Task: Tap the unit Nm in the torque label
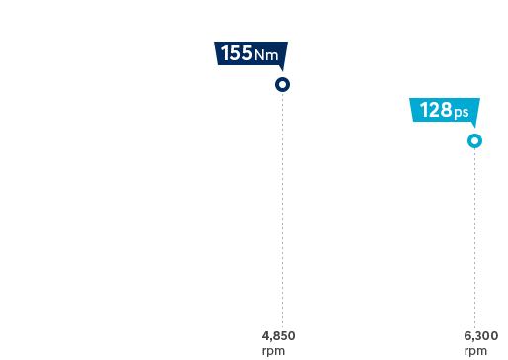coord(266,55)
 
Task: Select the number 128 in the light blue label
coord(436,110)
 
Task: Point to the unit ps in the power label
coord(462,112)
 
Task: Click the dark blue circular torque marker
coord(282,85)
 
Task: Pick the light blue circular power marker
coord(474,141)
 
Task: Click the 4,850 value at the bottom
coord(278,336)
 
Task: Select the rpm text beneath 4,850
coord(272,350)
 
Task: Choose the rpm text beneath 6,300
coord(474,350)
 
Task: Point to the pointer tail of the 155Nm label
coord(281,69)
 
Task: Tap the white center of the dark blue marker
coord(282,85)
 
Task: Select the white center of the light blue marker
coord(474,141)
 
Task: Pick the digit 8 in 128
coord(447,110)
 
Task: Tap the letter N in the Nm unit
coord(261,55)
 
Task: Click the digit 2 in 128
coord(436,110)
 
